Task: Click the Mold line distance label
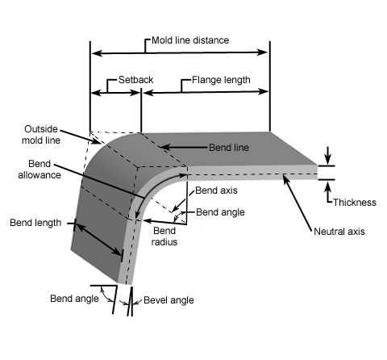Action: (x=190, y=40)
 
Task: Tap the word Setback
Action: (x=135, y=80)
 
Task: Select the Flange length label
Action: (x=221, y=80)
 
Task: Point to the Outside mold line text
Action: (x=41, y=135)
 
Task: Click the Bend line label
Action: (x=229, y=148)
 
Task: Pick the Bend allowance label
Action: (x=40, y=170)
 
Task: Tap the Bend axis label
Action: (x=216, y=190)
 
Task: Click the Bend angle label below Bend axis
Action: (x=220, y=212)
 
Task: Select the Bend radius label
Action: (x=164, y=237)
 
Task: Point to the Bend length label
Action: (x=35, y=223)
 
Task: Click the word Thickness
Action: (x=355, y=203)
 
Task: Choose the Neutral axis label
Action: (x=339, y=232)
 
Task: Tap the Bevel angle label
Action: (x=169, y=300)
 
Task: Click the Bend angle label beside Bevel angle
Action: (x=74, y=299)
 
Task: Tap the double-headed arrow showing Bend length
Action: (x=98, y=240)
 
